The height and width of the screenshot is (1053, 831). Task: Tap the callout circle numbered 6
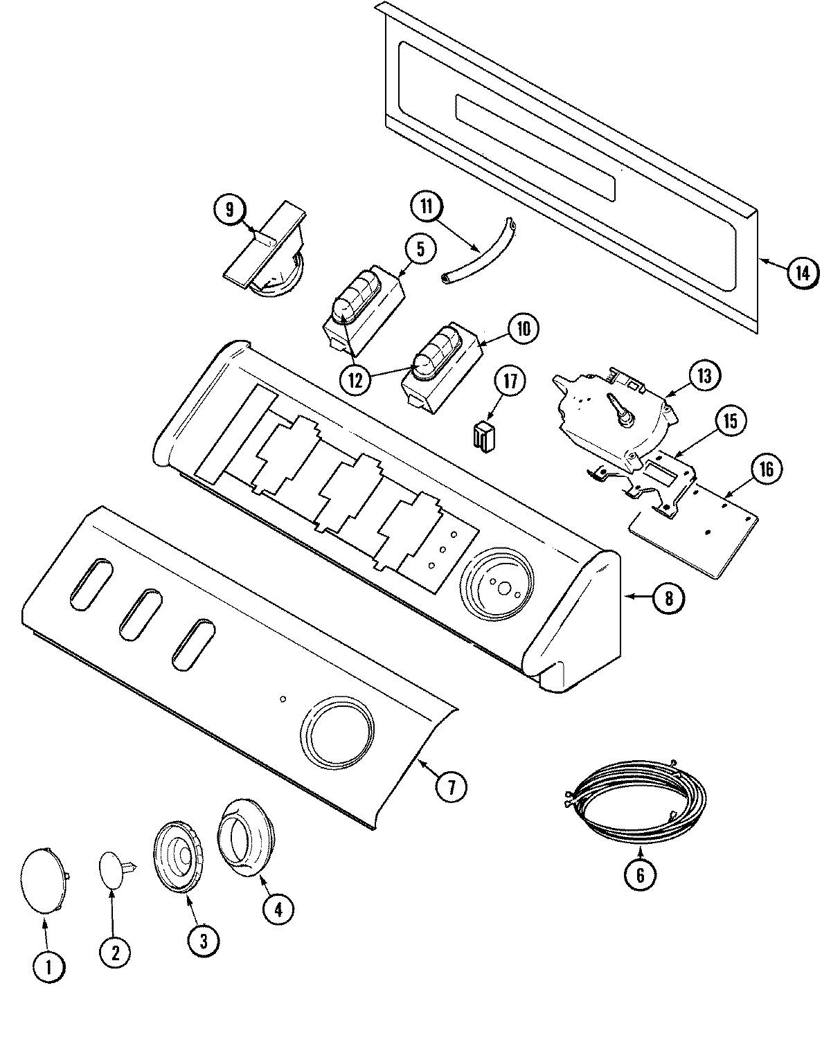[639, 875]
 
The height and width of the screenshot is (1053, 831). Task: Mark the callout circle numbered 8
[668, 597]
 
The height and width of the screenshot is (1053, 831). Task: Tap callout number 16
[765, 469]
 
